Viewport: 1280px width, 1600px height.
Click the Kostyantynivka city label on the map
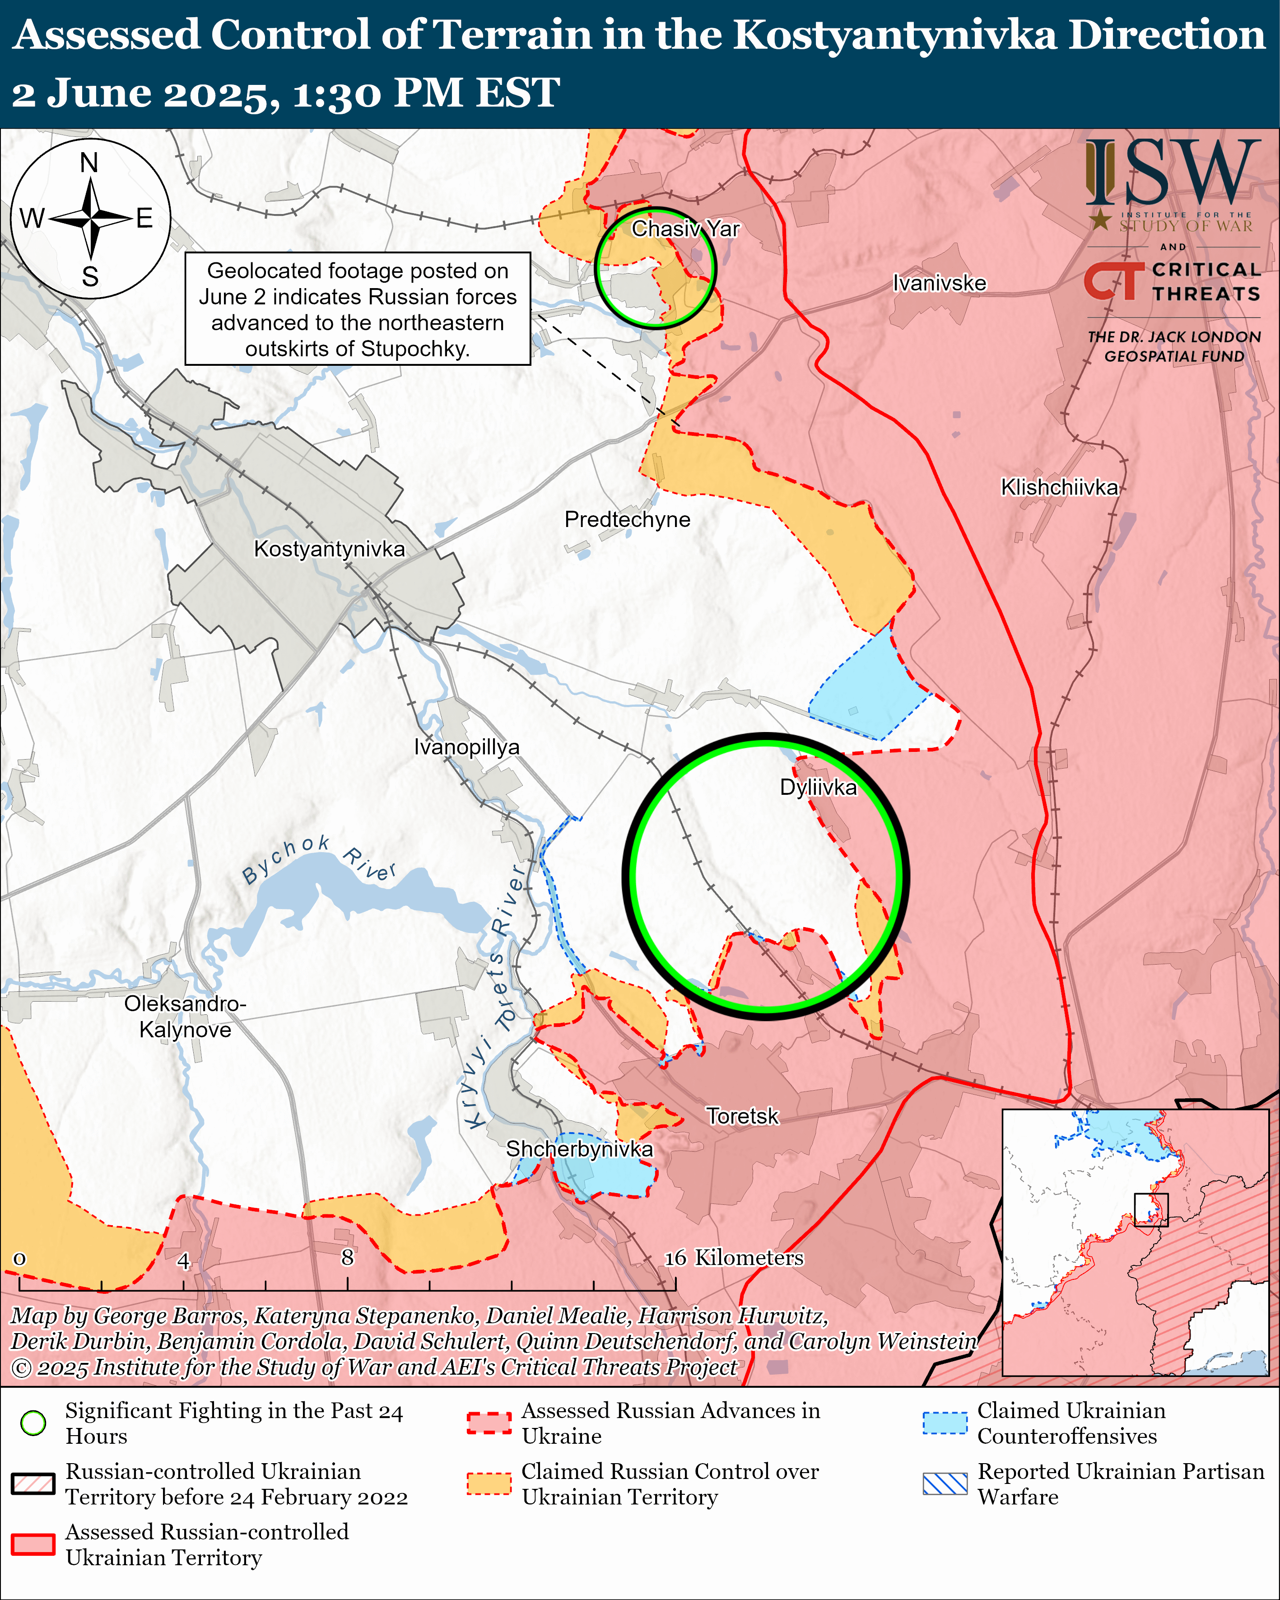(x=330, y=549)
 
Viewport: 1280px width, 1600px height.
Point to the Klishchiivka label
(x=1059, y=488)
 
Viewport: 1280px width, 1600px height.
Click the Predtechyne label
(x=627, y=519)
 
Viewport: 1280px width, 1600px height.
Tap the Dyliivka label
(x=818, y=788)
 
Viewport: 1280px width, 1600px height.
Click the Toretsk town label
(x=742, y=1116)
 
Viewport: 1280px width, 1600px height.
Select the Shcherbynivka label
(x=580, y=1149)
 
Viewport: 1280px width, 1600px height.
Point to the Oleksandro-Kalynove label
(x=185, y=1017)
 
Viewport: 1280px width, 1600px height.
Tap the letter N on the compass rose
(x=89, y=163)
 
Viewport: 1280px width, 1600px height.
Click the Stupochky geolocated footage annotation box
(x=357, y=309)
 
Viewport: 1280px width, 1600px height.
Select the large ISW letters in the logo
(x=1173, y=174)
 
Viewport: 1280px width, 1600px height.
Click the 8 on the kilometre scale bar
(x=347, y=1257)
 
